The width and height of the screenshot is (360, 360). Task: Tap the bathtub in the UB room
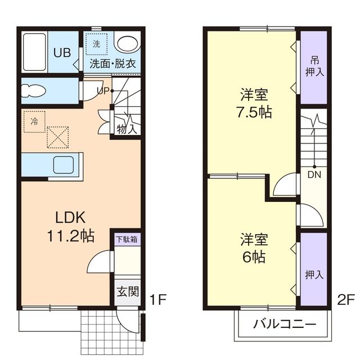34,51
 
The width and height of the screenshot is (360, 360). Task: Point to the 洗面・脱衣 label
112,64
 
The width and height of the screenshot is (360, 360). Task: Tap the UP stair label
102,90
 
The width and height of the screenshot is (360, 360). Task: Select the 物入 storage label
127,128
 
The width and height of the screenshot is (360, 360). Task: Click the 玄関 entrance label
127,291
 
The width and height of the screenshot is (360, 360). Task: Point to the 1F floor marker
159,299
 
